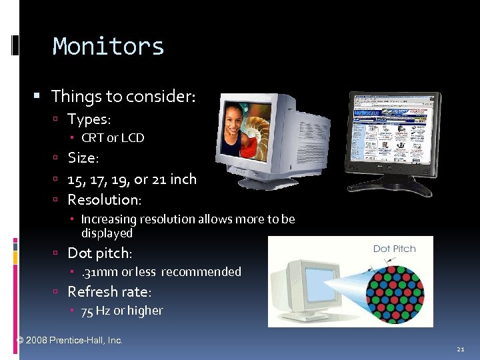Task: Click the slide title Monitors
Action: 108,47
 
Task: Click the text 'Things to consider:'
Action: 123,97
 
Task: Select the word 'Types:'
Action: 89,119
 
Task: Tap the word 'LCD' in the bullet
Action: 132,138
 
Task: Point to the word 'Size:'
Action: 83,159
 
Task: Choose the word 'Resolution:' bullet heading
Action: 105,199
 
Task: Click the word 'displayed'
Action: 107,233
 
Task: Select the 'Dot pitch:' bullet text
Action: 101,253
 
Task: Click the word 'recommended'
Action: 201,271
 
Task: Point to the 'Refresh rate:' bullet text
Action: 110,291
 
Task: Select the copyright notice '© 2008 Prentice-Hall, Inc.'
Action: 69,340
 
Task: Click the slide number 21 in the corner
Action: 460,349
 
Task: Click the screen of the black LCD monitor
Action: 393,130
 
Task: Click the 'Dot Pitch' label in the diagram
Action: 394,249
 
